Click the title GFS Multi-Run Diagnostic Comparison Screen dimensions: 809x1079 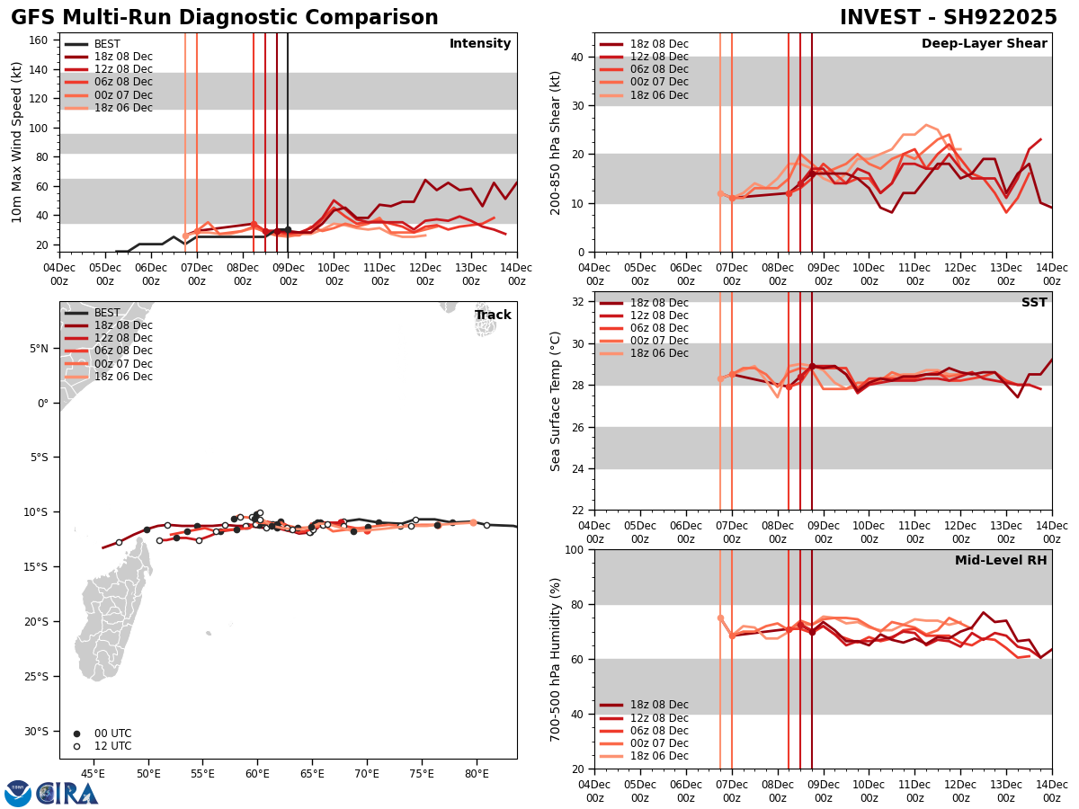tap(225, 18)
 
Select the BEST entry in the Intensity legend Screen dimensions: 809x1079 tap(107, 44)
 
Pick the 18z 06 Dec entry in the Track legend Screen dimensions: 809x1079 tap(123, 377)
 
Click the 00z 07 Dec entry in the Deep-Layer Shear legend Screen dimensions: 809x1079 tap(658, 83)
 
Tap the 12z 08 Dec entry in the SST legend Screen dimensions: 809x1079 tap(658, 316)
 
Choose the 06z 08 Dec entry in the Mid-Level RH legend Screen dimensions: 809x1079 tap(658, 731)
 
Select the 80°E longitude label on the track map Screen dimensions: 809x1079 tap(477, 773)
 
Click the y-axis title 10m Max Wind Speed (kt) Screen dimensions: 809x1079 tap(17, 142)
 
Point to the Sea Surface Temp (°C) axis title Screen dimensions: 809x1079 tap(556, 401)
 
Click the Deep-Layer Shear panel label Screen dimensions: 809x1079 tap(984, 44)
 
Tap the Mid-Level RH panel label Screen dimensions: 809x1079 tap(1001, 561)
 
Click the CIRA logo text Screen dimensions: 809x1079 tap(67, 794)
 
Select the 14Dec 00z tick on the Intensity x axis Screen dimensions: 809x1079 tap(516, 273)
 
